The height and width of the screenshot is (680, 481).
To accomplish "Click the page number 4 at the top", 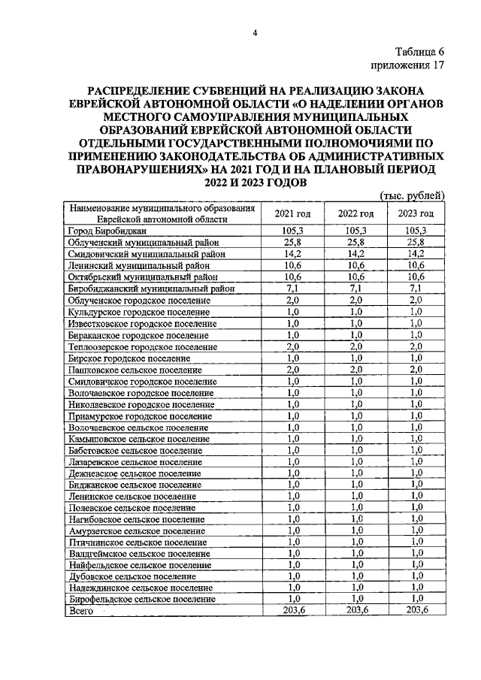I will pos(255,32).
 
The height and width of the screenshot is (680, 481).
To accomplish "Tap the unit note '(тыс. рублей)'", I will pos(414,195).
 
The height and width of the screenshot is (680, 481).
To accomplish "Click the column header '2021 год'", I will pos(292,213).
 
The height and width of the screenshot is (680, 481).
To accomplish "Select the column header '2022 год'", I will pos(355,213).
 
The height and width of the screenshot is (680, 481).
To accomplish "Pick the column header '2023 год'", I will pos(415,213).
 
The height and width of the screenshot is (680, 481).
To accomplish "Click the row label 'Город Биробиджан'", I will pos(104,231).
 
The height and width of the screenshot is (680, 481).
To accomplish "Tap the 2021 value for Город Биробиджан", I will pos(292,231).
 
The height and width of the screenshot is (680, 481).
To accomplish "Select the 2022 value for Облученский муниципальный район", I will pos(355,243).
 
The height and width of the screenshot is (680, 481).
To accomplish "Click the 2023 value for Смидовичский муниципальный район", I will pos(415,254).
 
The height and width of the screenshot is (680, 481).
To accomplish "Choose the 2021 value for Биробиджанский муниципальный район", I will pos(292,289).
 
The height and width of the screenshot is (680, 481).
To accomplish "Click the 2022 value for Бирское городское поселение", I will pos(355,358).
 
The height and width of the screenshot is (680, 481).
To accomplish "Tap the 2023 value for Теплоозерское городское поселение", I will pos(415,346).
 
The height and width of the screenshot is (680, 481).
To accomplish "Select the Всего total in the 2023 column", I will pos(415,612).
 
